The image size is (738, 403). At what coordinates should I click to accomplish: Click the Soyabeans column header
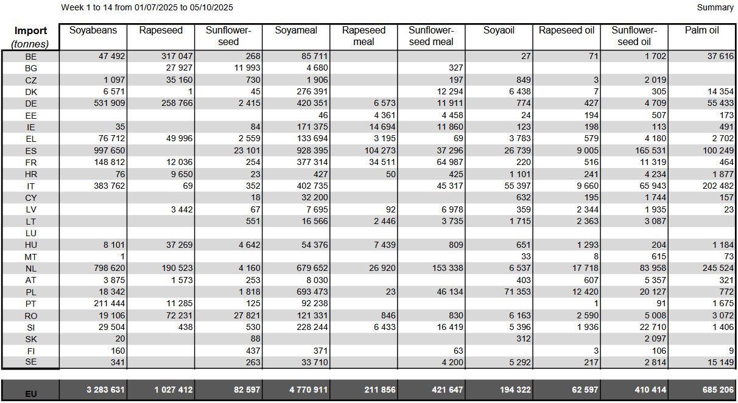[93, 30]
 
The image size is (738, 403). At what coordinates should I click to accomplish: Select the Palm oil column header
[701, 30]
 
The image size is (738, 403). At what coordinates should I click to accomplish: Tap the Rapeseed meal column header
[364, 36]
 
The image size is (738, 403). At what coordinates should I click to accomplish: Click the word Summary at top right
[715, 8]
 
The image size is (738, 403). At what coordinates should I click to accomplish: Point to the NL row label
[31, 268]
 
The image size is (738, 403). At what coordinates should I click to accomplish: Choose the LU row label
[31, 233]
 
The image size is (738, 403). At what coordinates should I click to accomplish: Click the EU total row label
[31, 394]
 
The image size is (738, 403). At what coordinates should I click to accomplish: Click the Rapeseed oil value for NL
[583, 268]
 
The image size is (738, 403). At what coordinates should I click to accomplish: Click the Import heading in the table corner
[31, 31]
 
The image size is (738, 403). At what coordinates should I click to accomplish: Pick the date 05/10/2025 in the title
[212, 8]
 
